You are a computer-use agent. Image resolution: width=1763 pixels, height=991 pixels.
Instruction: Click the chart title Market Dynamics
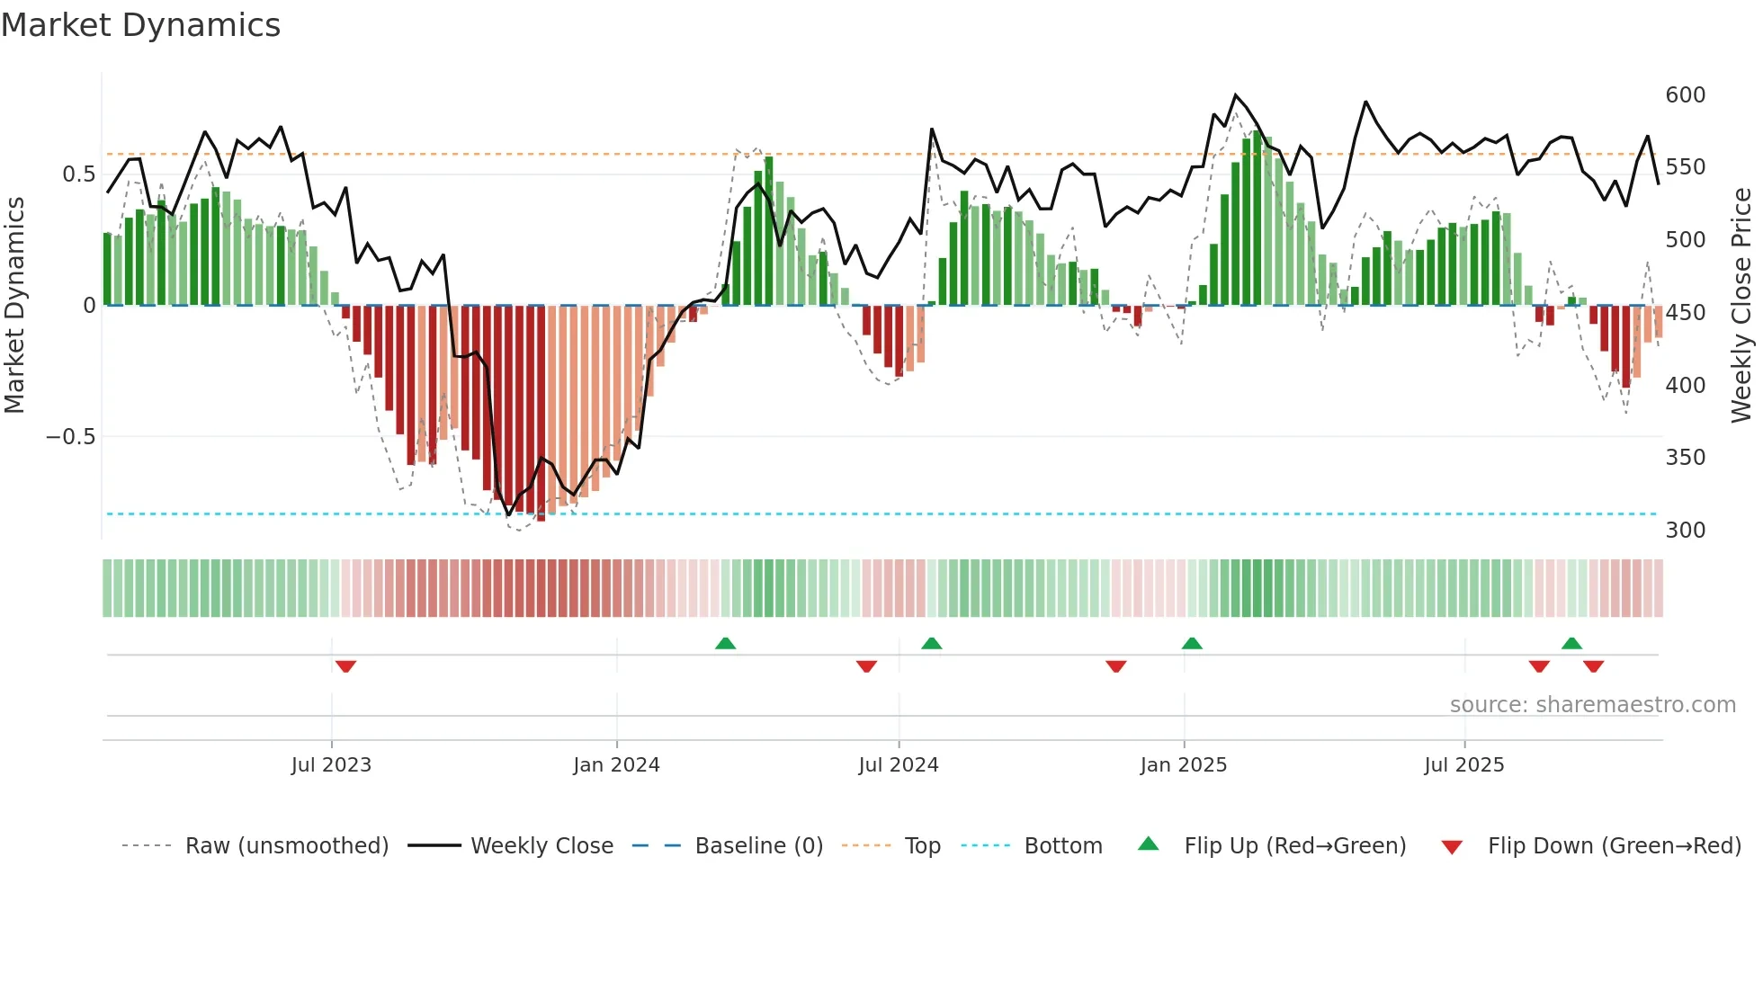(140, 25)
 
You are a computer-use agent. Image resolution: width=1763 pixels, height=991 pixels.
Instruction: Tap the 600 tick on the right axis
(1685, 95)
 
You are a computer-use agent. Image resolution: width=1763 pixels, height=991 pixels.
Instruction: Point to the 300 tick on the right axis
(1685, 531)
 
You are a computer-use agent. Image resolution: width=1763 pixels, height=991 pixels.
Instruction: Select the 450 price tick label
(1685, 313)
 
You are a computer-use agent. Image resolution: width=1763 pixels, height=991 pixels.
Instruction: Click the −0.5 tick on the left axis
(70, 437)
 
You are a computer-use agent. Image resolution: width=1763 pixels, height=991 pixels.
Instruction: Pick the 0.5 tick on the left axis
(78, 174)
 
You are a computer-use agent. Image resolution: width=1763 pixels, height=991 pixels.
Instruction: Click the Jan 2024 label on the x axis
(616, 765)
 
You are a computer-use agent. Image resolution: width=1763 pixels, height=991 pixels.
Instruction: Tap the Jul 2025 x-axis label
(1463, 765)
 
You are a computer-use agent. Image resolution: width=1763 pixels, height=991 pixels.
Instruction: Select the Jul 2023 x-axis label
(331, 765)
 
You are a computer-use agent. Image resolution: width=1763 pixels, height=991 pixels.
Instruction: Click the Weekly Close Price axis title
(1741, 306)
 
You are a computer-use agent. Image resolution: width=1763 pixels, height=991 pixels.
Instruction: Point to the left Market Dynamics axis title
(14, 306)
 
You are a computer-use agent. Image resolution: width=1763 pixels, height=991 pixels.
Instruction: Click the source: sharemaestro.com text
(1592, 705)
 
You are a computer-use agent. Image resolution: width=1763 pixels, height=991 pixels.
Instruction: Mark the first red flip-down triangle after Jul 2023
(345, 666)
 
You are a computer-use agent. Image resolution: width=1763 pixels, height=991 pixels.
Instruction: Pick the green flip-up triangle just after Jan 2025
(1192, 643)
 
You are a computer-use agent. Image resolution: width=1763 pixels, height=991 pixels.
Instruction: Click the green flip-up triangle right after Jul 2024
(932, 643)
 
